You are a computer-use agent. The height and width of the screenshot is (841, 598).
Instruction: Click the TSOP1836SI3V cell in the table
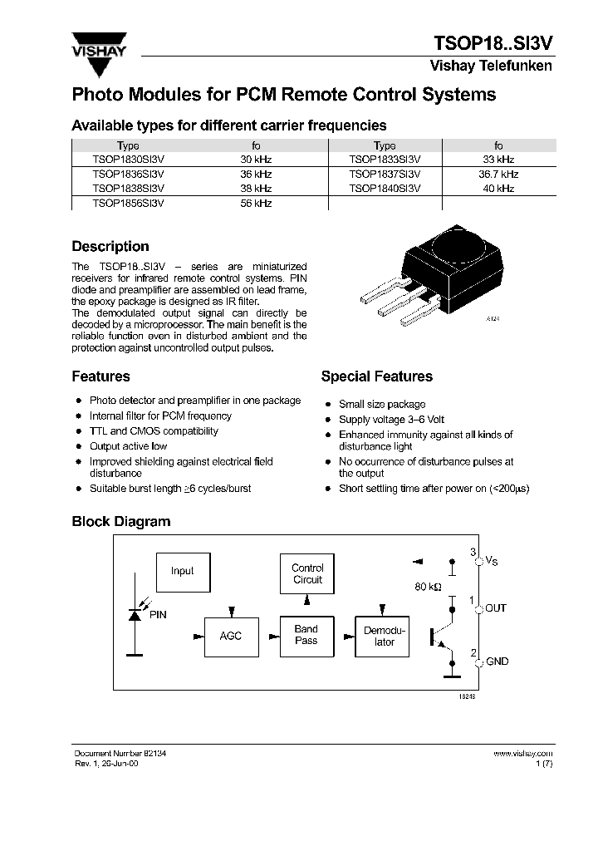coord(128,175)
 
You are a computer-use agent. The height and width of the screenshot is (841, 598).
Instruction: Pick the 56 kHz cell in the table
coord(256,204)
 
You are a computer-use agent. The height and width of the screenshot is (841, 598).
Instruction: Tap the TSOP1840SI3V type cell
coord(385,189)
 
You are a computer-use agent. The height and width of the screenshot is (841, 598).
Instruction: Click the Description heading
coord(110,247)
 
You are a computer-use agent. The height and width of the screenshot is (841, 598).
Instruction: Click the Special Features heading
coord(377,376)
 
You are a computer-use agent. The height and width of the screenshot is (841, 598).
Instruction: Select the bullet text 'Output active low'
coord(129,446)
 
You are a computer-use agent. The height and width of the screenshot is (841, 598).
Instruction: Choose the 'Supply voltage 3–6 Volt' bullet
coord(392,420)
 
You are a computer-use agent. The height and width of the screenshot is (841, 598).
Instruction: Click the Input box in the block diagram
coord(183,572)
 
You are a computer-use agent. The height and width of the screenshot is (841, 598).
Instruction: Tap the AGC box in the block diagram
coord(230,636)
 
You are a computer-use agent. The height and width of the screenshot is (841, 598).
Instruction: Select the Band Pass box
coord(306,636)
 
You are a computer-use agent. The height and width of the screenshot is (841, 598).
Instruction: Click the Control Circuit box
coord(307,574)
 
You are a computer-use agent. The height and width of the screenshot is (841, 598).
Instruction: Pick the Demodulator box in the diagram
coord(384,637)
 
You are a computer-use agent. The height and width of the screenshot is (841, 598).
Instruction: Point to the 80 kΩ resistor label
coord(426,587)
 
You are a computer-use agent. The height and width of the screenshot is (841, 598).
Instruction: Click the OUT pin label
coord(496,608)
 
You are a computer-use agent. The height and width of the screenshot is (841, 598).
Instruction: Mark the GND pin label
coord(498,661)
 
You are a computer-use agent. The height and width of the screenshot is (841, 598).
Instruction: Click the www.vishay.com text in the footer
coord(522,753)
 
